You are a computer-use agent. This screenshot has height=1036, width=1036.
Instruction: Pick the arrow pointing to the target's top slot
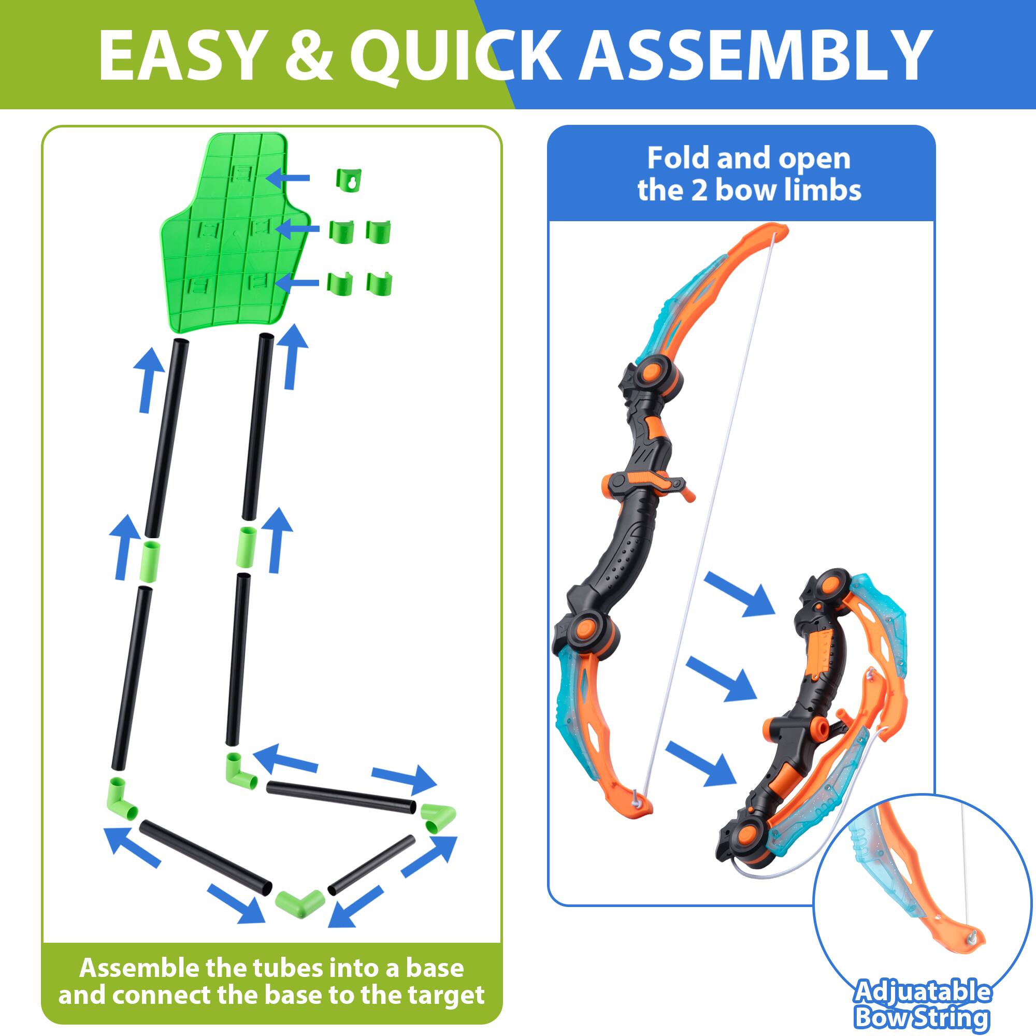(x=289, y=178)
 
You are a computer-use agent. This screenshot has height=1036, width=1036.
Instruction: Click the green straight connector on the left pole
(x=150, y=562)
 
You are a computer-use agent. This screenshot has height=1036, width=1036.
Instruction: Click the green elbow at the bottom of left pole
(x=122, y=799)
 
